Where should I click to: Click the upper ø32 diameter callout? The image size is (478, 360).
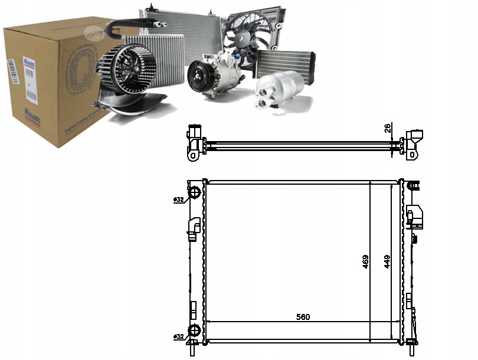tap(178, 200)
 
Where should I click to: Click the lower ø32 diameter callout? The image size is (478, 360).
tap(178, 336)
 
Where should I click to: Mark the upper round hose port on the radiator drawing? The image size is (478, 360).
tap(194, 193)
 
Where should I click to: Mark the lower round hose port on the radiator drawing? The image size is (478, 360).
tap(194, 331)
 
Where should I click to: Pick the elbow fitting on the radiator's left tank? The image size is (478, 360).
tap(193, 228)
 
